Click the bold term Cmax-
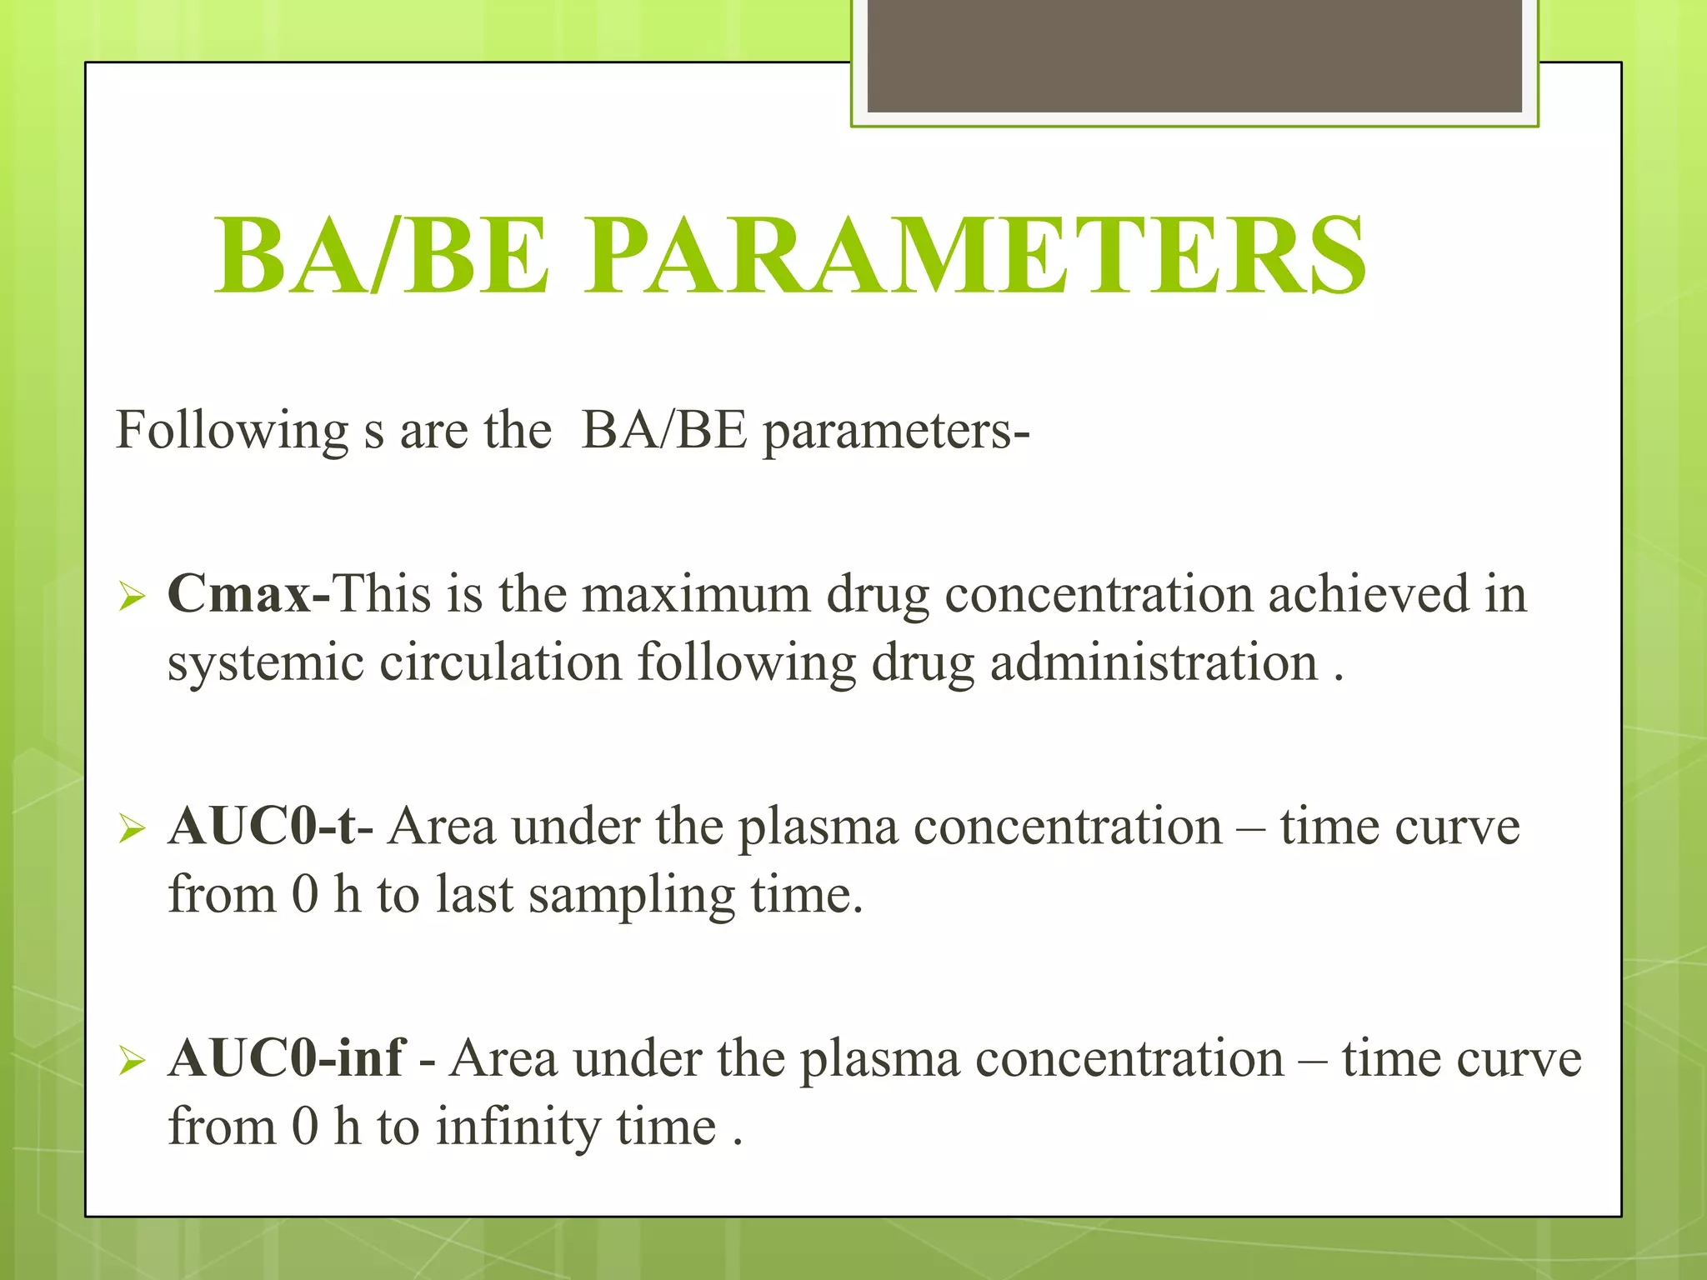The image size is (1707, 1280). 248,594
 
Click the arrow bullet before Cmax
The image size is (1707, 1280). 132,597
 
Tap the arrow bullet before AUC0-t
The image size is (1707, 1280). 132,829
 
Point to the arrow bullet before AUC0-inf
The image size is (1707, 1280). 132,1061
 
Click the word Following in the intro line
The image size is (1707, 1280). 231,432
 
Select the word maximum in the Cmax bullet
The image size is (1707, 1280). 695,595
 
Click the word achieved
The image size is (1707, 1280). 1369,595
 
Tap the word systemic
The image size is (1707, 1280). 266,664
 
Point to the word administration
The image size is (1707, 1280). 1154,664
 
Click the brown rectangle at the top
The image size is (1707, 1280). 1194,55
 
